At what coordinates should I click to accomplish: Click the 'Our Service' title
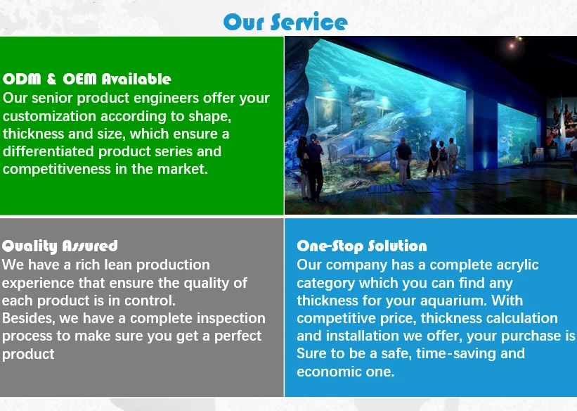(285, 22)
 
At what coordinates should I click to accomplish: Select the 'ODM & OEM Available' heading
(87, 79)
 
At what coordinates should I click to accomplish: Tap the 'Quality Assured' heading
(60, 246)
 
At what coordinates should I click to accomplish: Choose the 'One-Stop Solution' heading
(362, 246)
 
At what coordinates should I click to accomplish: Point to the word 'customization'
(49, 116)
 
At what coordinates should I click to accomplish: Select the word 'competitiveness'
(57, 169)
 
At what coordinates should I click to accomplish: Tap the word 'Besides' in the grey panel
(28, 318)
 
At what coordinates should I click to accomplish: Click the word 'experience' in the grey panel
(38, 283)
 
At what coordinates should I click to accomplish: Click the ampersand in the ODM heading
(51, 79)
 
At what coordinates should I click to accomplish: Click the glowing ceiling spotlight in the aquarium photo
(512, 46)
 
